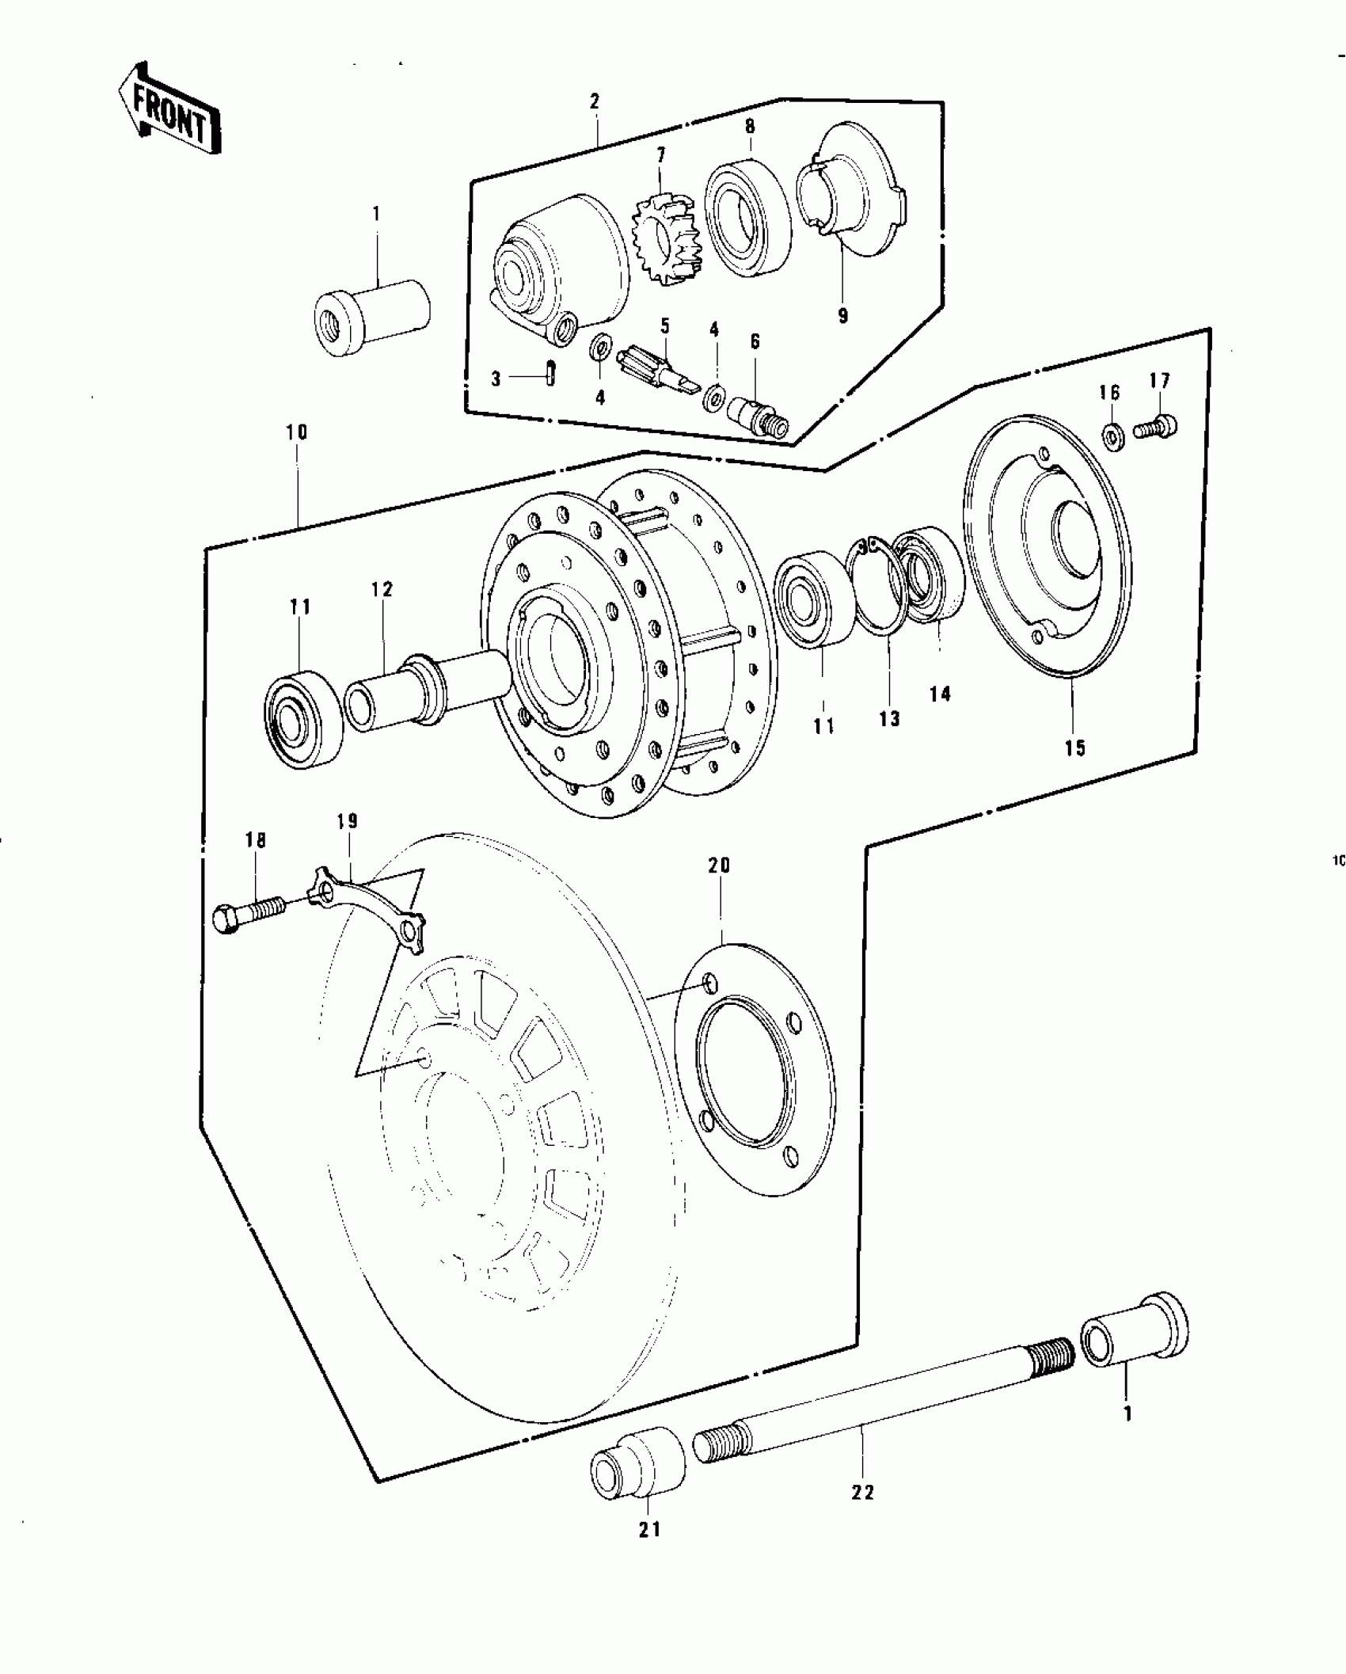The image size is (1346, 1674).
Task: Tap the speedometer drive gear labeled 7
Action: click(x=663, y=235)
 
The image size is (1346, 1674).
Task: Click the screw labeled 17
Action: click(x=1157, y=427)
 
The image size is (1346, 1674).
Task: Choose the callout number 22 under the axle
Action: click(x=863, y=1492)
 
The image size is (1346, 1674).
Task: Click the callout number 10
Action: click(x=298, y=432)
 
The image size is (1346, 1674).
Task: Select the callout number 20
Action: click(x=719, y=866)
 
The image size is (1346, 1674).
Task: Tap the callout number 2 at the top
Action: click(x=595, y=101)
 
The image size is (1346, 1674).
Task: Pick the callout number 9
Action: click(x=842, y=315)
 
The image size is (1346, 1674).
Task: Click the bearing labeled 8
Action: click(x=747, y=219)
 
